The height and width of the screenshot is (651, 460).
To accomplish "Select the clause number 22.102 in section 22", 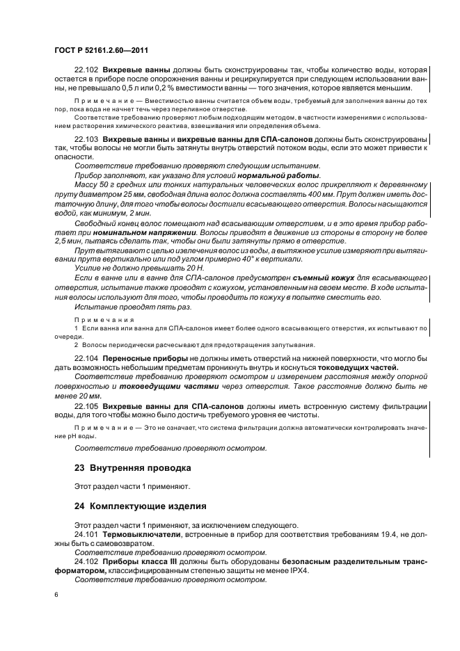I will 86,70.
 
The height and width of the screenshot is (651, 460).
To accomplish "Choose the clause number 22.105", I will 86,404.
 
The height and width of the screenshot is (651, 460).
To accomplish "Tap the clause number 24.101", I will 86,533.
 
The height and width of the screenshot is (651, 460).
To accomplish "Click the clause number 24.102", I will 86,561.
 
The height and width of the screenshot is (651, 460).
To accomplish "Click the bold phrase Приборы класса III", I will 138,561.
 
